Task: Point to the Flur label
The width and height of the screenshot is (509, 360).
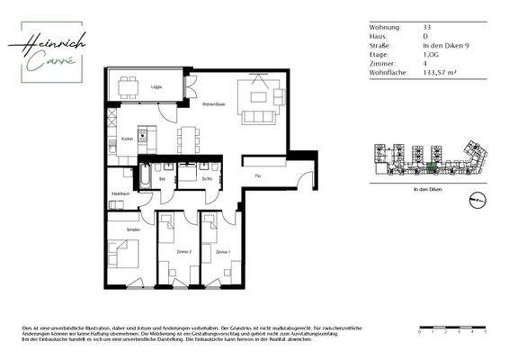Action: [257, 175]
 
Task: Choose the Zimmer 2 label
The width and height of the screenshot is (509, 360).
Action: [183, 252]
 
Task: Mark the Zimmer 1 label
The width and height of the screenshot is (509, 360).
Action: [222, 252]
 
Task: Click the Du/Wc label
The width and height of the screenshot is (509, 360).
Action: [206, 178]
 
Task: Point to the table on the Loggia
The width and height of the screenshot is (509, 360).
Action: [132, 87]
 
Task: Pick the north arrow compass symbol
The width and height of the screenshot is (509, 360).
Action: [478, 199]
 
